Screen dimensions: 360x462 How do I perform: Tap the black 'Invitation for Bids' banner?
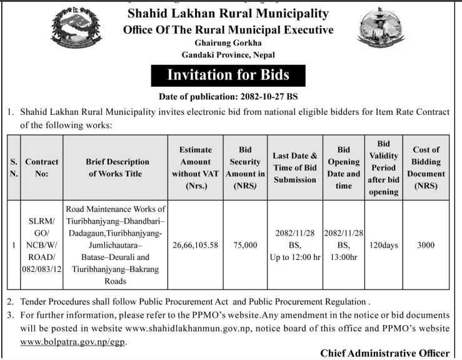click(x=228, y=76)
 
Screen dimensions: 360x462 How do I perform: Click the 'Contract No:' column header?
click(x=42, y=168)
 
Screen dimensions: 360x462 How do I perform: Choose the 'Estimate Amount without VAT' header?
click(x=195, y=168)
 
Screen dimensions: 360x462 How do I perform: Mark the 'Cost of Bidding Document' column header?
click(x=425, y=168)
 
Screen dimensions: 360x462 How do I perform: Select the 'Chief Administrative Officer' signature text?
click(x=384, y=354)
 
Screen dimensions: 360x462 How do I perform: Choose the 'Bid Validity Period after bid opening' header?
click(x=383, y=168)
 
